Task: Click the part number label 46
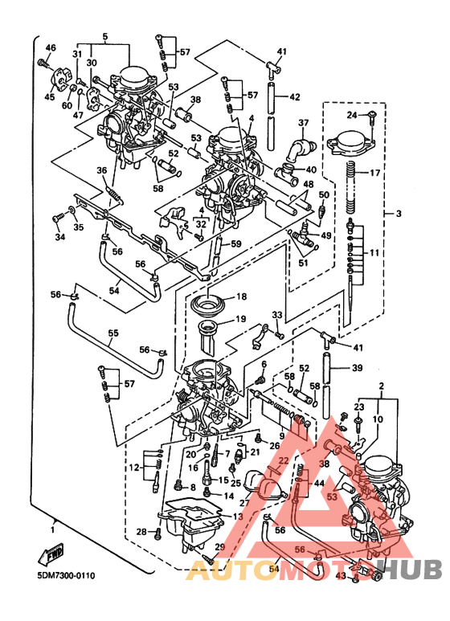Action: (x=50, y=49)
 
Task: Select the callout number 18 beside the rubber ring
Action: (x=240, y=296)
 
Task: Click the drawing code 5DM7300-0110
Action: (x=65, y=575)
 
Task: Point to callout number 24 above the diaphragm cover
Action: (x=351, y=115)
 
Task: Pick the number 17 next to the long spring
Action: (x=374, y=173)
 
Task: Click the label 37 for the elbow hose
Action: (x=303, y=123)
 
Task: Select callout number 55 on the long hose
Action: (x=112, y=333)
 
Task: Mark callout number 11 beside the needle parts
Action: (x=374, y=253)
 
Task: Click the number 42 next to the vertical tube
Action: (x=295, y=97)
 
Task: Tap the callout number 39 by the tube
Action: (x=357, y=367)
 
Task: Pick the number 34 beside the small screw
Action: (x=59, y=237)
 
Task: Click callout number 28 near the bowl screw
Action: (x=141, y=532)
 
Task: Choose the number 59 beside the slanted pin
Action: (x=235, y=243)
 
